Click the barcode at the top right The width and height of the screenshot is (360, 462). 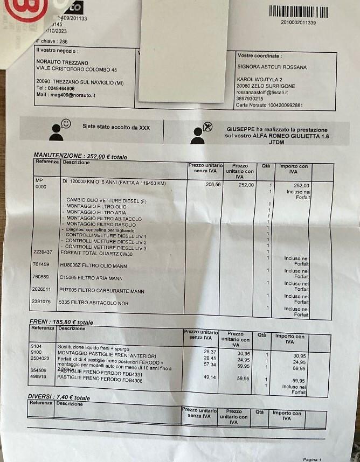(x=298, y=12)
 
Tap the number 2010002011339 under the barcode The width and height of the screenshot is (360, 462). (x=298, y=23)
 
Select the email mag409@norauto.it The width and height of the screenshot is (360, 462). (x=66, y=95)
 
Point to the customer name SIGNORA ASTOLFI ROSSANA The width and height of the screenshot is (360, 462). (x=272, y=67)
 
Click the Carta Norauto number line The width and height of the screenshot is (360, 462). (x=269, y=105)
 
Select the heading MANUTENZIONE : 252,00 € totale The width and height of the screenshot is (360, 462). (x=80, y=157)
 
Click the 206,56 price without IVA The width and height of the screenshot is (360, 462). (x=199, y=184)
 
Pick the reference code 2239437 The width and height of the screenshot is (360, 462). (x=43, y=251)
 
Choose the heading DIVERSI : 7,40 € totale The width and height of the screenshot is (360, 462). (x=59, y=397)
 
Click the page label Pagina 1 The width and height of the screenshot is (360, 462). (x=312, y=459)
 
